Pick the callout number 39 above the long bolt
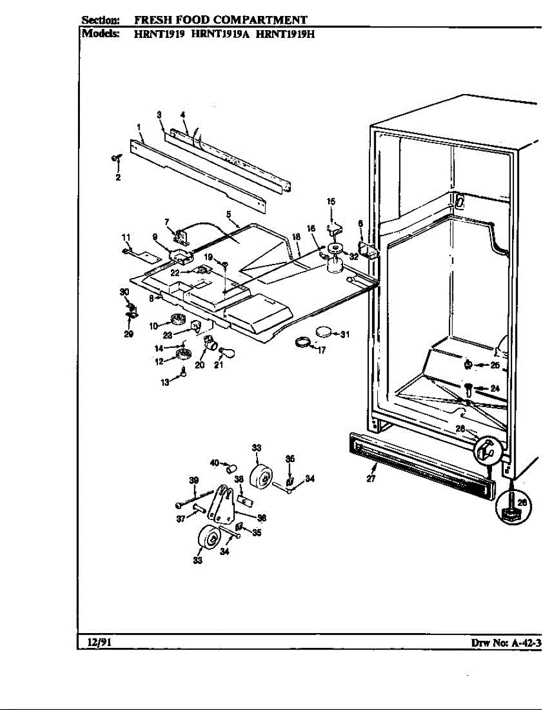coord(194,480)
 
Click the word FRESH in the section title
coord(147,21)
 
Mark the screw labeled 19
coord(225,263)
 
